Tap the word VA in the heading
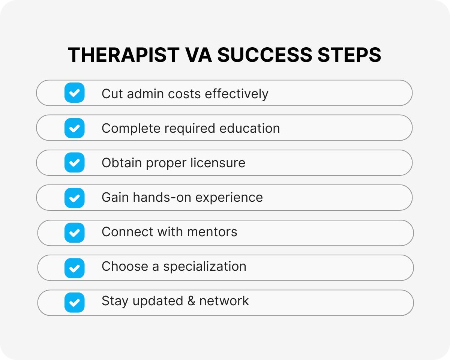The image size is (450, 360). [198, 55]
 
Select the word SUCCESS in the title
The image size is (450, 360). [264, 55]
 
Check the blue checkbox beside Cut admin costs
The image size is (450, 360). [75, 93]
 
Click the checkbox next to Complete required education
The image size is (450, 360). [75, 128]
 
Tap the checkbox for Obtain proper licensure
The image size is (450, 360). [75, 163]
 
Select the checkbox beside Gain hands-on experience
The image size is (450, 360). [75, 198]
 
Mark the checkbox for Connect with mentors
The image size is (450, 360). [75, 232]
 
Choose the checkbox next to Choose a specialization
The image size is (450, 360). [75, 268]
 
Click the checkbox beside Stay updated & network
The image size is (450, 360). [75, 302]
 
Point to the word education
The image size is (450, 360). [250, 128]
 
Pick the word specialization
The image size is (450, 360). [205, 267]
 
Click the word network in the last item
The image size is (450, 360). [224, 301]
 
